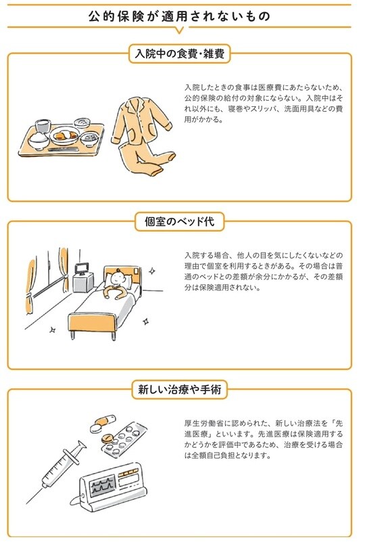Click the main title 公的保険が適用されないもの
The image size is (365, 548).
point(179,16)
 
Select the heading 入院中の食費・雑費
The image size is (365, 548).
point(180,54)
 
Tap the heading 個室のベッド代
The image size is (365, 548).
point(180,222)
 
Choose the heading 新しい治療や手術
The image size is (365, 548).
point(180,389)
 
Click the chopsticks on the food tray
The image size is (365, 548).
point(64,150)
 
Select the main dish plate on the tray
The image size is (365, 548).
point(65,135)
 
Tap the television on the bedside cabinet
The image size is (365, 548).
point(82,269)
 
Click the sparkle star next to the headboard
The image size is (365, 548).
point(152,271)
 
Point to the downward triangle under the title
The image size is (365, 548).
point(179,30)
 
